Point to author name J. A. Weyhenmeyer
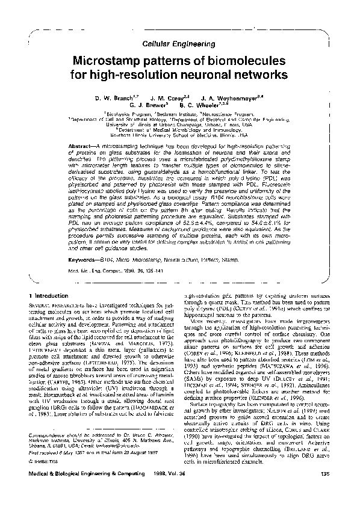(x=222, y=97)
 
